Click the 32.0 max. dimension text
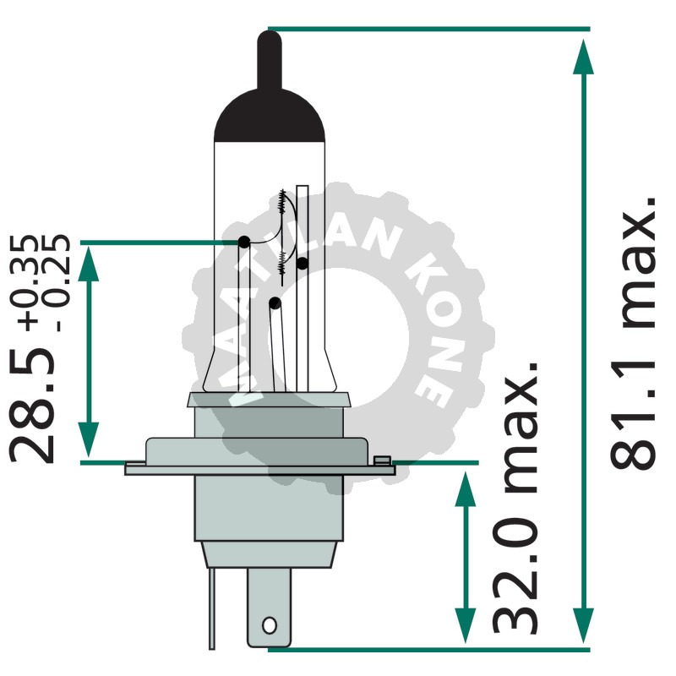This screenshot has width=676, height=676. [515, 499]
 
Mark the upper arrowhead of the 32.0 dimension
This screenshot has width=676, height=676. [464, 490]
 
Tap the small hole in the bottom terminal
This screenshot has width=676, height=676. [270, 625]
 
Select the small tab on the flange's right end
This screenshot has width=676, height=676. [382, 461]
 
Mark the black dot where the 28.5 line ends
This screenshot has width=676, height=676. [243, 243]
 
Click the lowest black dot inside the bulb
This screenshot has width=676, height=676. [275, 302]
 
